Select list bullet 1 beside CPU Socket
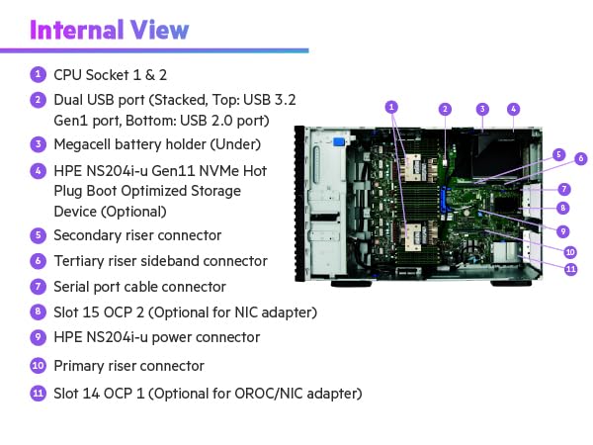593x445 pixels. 38,73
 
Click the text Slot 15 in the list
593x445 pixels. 78,312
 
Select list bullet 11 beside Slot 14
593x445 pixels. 38,394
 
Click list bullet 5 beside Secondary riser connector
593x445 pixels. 38,235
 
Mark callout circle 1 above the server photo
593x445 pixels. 392,106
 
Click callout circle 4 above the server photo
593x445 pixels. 514,109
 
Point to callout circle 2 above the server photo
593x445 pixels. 446,109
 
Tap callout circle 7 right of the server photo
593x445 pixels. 562,188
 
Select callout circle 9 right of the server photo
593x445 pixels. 562,230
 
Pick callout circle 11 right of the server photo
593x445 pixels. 570,268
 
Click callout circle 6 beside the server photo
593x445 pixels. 580,158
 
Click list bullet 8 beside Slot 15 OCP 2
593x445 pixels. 38,312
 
